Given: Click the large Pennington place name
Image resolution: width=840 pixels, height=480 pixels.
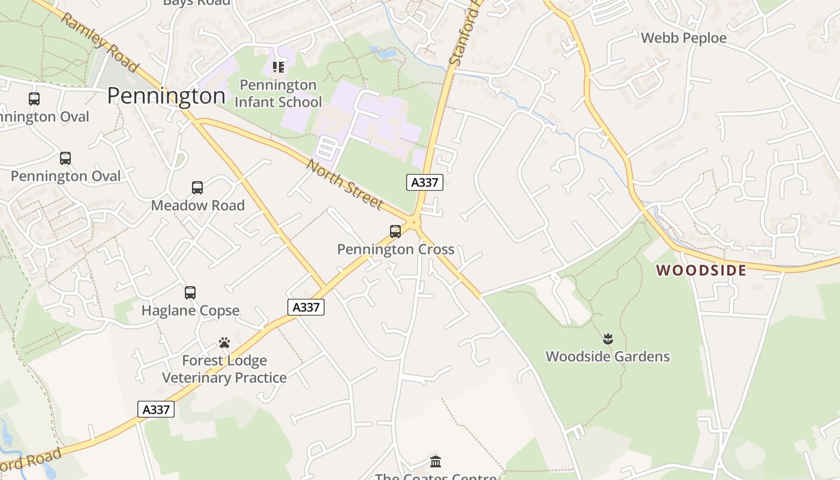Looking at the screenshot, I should pos(166,95).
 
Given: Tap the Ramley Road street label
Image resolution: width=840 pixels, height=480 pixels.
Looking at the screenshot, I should pos(99,42).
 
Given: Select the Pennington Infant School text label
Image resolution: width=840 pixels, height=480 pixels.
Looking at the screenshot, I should pos(278,94).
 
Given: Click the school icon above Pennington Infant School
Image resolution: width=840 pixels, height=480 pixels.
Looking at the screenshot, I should pos(278,67).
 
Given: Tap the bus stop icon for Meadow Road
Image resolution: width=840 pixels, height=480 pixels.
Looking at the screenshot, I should pos(197,188).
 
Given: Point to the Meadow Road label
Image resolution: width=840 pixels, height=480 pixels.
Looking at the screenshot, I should pos(197,205).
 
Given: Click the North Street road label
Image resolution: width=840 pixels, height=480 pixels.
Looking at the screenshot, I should pos(344,184).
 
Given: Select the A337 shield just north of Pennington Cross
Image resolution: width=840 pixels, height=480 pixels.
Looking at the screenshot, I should pos(425,182).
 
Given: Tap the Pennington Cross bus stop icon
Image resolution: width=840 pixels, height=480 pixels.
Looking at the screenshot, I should pos(395,232).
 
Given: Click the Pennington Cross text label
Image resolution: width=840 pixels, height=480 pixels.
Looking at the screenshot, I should pos(395,249).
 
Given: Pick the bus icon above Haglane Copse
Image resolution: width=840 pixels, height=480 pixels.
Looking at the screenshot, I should pos(190,293).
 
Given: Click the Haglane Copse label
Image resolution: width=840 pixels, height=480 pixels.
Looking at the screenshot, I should pos(190,310).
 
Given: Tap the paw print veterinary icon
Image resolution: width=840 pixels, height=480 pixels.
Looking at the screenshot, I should pos(224,343).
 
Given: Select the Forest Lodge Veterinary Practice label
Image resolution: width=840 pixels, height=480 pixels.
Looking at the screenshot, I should pos(224,369).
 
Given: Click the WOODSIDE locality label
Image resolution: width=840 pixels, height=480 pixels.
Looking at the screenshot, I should pos(701,271).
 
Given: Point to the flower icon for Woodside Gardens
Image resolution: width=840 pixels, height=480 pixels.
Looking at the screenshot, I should pos(608,339).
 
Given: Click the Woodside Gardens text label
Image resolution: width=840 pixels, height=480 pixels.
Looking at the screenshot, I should pos(607,356).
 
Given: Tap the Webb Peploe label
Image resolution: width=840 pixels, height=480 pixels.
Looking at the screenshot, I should pos(683,38).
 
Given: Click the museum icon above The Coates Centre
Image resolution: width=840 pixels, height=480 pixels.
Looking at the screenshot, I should pos(436,462).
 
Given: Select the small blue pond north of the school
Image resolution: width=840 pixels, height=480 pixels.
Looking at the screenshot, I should pos(386,53).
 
